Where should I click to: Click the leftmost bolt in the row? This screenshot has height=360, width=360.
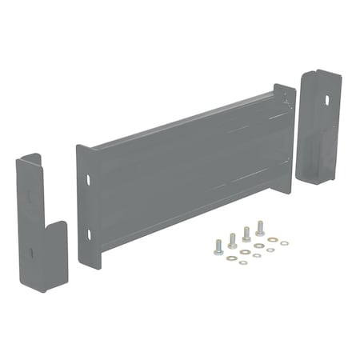(x=218, y=247)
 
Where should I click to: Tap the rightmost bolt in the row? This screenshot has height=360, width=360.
(x=260, y=228)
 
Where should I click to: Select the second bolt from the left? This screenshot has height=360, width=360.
(x=232, y=240)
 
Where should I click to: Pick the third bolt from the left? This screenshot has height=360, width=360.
(x=246, y=234)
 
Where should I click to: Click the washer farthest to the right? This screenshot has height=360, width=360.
(x=286, y=241)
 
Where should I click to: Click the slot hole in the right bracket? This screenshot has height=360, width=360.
(x=326, y=102)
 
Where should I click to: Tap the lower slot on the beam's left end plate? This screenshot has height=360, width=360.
(x=89, y=234)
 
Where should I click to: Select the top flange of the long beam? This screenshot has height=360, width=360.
(x=184, y=120)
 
